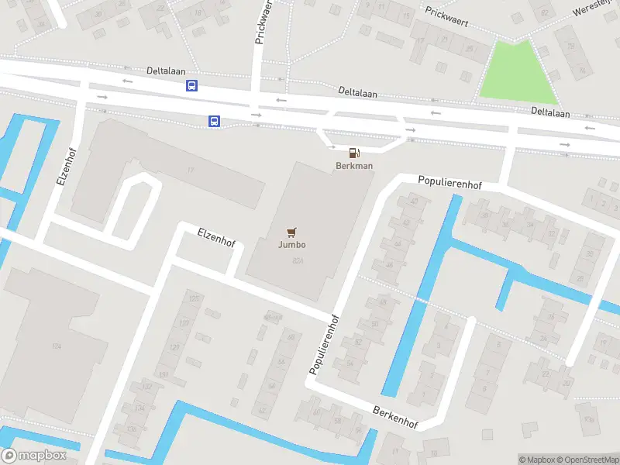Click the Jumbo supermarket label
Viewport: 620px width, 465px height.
coord(292,245)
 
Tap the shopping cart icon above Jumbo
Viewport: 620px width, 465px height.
coord(292,232)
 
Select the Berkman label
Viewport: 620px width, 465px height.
coord(354,166)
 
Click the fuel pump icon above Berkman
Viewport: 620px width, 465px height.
coord(354,153)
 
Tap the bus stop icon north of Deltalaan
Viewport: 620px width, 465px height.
coord(191,86)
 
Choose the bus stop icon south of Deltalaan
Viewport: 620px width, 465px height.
coord(214,121)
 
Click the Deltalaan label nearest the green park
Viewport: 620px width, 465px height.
coord(550,113)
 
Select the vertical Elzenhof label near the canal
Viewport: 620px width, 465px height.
coord(64,165)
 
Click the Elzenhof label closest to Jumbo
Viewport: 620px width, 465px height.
coord(216,237)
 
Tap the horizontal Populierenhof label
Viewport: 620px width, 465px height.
coord(449,184)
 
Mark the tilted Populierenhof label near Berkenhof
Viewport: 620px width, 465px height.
coord(325,344)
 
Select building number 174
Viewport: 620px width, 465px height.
coord(56,346)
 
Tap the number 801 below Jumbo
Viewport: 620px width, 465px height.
coord(298,261)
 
